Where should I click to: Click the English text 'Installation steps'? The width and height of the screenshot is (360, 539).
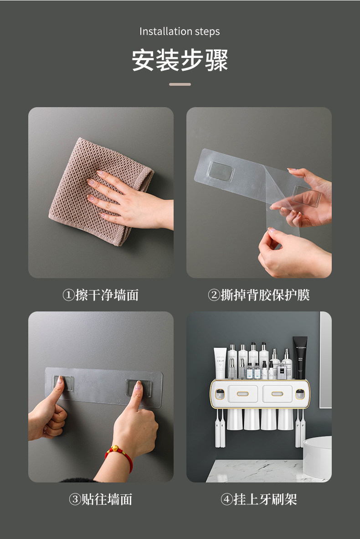pos(180,31)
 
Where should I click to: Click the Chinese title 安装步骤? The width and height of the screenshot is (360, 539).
pos(180,60)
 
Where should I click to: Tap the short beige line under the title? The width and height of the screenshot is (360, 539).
pos(180,84)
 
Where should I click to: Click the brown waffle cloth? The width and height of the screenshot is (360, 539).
pos(100,191)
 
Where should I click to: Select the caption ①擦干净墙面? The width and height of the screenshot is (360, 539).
pos(101,295)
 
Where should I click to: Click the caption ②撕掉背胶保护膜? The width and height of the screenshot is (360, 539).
pos(259,295)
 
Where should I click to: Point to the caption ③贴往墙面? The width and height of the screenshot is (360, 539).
pos(101,499)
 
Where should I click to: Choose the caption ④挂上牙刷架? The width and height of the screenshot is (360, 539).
pos(259,499)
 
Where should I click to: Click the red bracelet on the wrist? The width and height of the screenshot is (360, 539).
pos(120,456)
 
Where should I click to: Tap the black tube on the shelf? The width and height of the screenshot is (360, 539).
pos(300,358)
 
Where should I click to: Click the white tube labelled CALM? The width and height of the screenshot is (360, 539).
pos(220,363)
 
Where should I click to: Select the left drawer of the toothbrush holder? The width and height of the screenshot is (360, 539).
pos(242,394)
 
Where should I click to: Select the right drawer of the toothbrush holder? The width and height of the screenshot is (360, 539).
pos(277,394)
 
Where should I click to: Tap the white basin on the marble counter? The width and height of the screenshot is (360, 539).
pos(318,457)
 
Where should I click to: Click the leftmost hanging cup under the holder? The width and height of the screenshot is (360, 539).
pos(235,419)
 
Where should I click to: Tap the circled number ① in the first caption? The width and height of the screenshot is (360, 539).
pos(69,295)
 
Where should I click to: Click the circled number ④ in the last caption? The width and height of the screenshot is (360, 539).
pos(227,499)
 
